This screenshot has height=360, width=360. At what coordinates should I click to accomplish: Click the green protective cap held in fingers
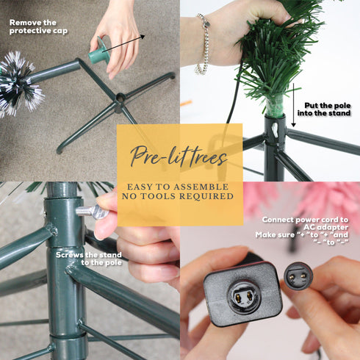point(98,51)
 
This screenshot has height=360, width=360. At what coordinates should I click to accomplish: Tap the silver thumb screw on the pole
point(92,212)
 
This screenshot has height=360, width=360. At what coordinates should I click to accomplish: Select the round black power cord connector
point(298,276)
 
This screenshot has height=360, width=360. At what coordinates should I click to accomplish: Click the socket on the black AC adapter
point(244,297)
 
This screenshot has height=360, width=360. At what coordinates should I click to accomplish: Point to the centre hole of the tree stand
point(120,98)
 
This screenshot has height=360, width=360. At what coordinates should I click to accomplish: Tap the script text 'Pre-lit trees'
point(179,156)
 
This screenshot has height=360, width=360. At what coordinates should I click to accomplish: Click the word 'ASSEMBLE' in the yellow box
point(201,187)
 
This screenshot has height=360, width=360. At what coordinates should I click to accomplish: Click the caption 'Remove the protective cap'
point(38,26)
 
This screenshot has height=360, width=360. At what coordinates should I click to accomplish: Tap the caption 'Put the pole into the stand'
point(324,109)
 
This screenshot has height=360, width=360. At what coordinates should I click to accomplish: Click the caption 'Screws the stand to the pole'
point(89,259)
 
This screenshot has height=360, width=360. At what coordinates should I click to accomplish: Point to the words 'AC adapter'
point(325,227)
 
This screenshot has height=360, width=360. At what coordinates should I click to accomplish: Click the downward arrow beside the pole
point(293,105)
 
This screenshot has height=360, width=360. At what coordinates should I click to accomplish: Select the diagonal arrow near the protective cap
point(123,43)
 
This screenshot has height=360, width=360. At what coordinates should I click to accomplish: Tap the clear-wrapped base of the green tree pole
point(274,104)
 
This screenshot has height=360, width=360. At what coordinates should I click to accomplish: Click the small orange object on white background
point(186,103)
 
